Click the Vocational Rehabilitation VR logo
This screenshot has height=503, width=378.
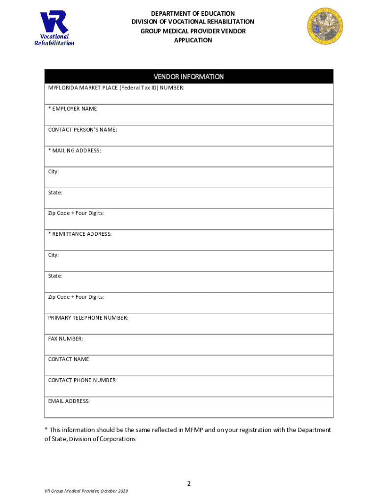pyautogui.click(x=54, y=29)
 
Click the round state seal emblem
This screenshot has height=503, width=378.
pyautogui.click(x=325, y=26)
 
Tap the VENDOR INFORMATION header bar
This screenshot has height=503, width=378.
pyautogui.click(x=189, y=77)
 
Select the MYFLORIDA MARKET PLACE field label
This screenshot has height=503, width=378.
pyautogui.click(x=116, y=88)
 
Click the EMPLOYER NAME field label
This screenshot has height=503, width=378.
pyautogui.click(x=73, y=109)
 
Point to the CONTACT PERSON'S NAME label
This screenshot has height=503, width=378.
pyautogui.click(x=82, y=130)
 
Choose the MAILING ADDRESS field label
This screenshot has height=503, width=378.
pyautogui.click(x=75, y=150)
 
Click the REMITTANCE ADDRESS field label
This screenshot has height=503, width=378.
pyautogui.click(x=80, y=234)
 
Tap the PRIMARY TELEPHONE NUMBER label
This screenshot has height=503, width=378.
pyautogui.click(x=88, y=318)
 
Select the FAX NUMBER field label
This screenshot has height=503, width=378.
pyautogui.click(x=65, y=339)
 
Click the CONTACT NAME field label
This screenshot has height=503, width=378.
pyautogui.click(x=69, y=360)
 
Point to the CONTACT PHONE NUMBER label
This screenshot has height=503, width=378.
pyautogui.click(x=82, y=380)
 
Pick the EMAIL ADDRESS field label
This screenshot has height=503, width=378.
pyautogui.click(x=69, y=401)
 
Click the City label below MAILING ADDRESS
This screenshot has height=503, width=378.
pyautogui.click(x=54, y=171)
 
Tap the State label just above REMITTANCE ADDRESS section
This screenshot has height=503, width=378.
pyautogui.click(x=55, y=193)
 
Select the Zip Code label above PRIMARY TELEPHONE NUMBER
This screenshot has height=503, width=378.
pyautogui.click(x=76, y=297)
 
